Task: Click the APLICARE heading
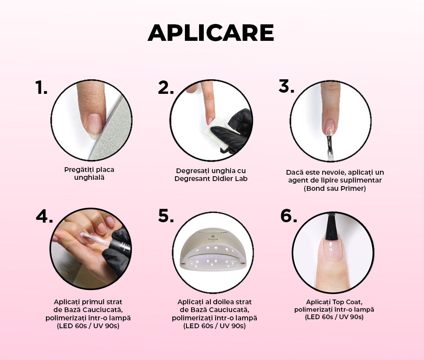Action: (211, 33)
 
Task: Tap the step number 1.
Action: (41, 87)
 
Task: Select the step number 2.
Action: (166, 88)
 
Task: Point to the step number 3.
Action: (286, 86)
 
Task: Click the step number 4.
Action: (44, 216)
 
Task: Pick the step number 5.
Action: (166, 216)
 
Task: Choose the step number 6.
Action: (289, 216)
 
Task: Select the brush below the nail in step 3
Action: (329, 147)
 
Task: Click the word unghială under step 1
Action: (89, 178)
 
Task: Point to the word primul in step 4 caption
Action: (91, 302)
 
